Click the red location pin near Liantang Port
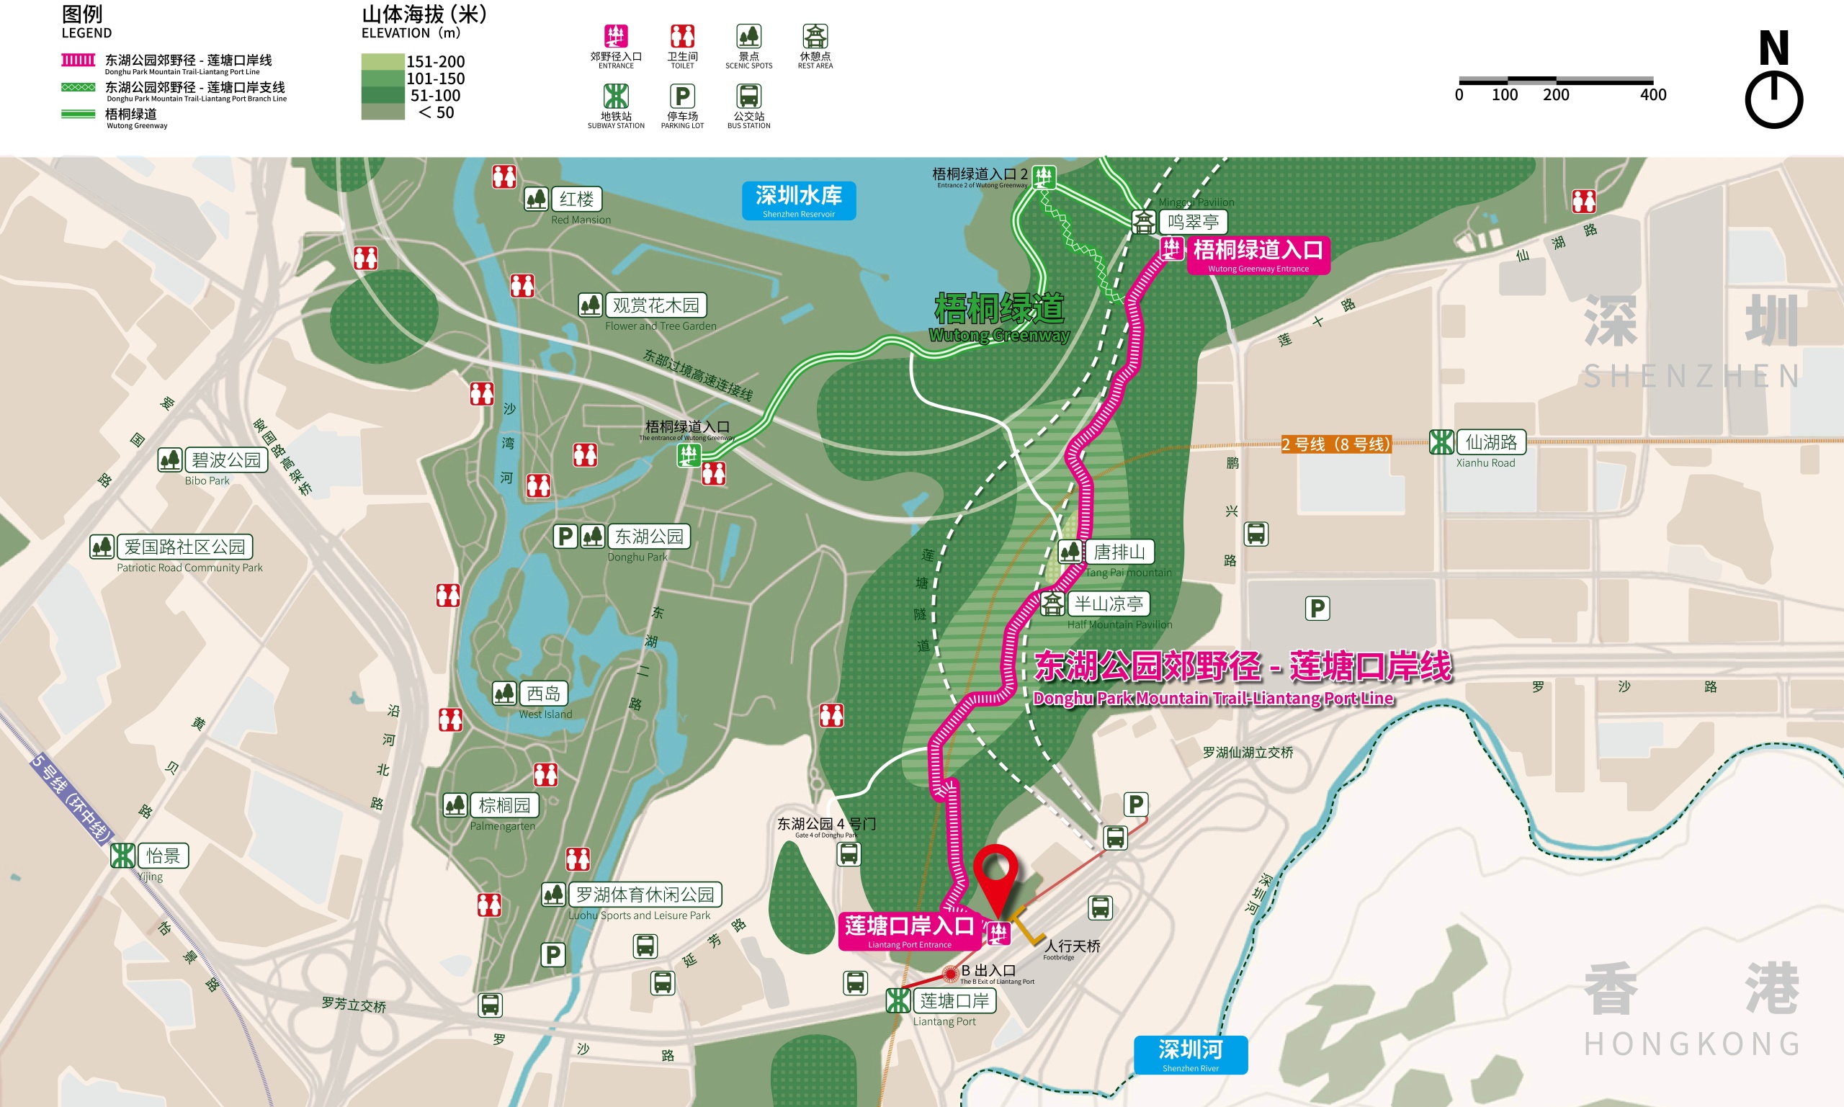click(x=996, y=873)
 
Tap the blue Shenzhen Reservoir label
click(x=798, y=201)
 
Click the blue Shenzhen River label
click(x=1191, y=1054)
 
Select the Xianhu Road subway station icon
click(x=1441, y=442)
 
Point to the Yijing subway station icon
click(x=122, y=856)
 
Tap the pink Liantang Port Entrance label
click(x=908, y=931)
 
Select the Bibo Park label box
click(x=226, y=460)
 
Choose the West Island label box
click(x=543, y=694)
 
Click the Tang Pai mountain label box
click(x=1119, y=552)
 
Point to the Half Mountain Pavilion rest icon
click(x=1052, y=604)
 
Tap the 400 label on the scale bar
click(x=1653, y=95)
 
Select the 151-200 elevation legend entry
click(x=415, y=61)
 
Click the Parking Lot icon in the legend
click(x=682, y=97)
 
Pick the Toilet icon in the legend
click(x=682, y=37)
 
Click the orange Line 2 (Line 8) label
click(x=1335, y=444)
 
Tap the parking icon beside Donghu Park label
click(x=565, y=537)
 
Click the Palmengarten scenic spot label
click(x=504, y=806)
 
